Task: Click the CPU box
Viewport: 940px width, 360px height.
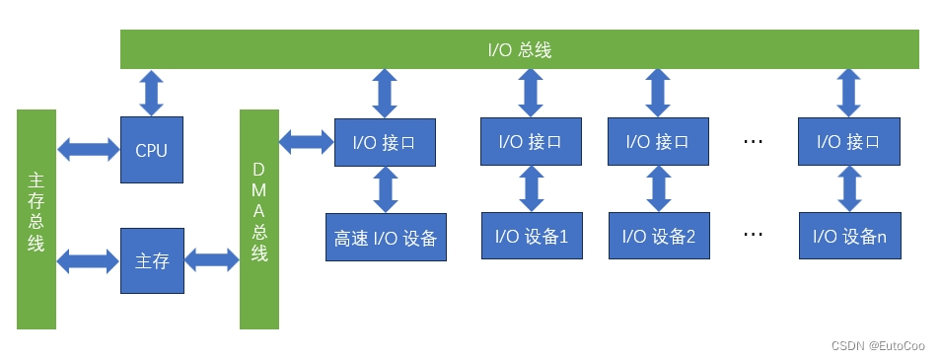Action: click(x=152, y=150)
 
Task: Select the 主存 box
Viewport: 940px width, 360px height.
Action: click(x=152, y=261)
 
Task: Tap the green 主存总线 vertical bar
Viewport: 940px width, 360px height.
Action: click(x=36, y=219)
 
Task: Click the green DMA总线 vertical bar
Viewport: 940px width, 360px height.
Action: click(x=259, y=219)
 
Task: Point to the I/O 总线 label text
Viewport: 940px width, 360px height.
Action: click(x=519, y=49)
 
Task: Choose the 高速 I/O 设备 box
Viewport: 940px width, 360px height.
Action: click(x=386, y=237)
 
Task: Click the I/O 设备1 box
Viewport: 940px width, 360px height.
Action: click(x=531, y=236)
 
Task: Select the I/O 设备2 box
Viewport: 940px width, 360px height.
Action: click(x=658, y=236)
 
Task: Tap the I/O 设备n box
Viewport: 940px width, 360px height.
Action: click(x=849, y=236)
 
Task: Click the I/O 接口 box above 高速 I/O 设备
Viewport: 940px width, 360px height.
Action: click(x=386, y=142)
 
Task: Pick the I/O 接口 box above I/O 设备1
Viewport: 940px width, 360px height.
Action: click(x=531, y=141)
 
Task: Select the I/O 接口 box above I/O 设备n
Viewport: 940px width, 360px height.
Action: click(x=849, y=141)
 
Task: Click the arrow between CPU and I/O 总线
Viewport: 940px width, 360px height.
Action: click(x=152, y=92)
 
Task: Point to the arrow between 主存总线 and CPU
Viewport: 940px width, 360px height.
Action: click(x=88, y=150)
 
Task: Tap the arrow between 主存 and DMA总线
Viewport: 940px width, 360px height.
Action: click(x=212, y=261)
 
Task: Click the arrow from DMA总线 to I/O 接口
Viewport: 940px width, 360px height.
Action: click(x=307, y=142)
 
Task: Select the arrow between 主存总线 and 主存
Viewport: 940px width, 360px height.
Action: click(x=88, y=261)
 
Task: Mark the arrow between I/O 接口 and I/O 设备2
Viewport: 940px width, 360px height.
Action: click(x=658, y=188)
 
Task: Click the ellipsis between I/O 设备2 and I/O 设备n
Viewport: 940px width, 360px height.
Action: click(x=754, y=236)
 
